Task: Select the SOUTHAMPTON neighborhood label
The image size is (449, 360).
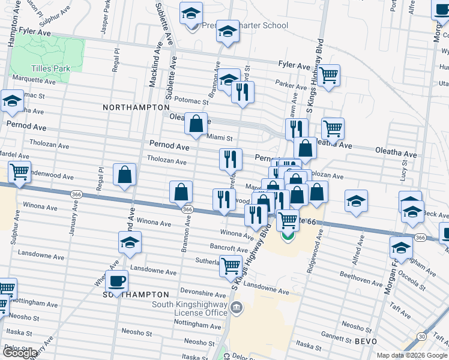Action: pyautogui.click(x=136, y=295)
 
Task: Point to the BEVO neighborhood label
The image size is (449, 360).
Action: pyautogui.click(x=366, y=341)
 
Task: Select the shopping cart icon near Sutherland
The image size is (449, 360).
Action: pyautogui.click(x=231, y=265)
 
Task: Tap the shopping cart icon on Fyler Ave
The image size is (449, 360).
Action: pyautogui.click(x=328, y=76)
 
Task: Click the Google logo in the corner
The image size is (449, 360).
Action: pyautogui.click(x=19, y=353)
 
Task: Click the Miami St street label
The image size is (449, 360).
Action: pyautogui.click(x=219, y=137)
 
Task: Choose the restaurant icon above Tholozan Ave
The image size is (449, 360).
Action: pyautogui.click(x=231, y=159)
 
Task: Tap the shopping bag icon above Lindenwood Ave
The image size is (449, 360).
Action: pyautogui.click(x=124, y=175)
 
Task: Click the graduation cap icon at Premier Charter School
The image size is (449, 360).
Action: pyautogui.click(x=191, y=13)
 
